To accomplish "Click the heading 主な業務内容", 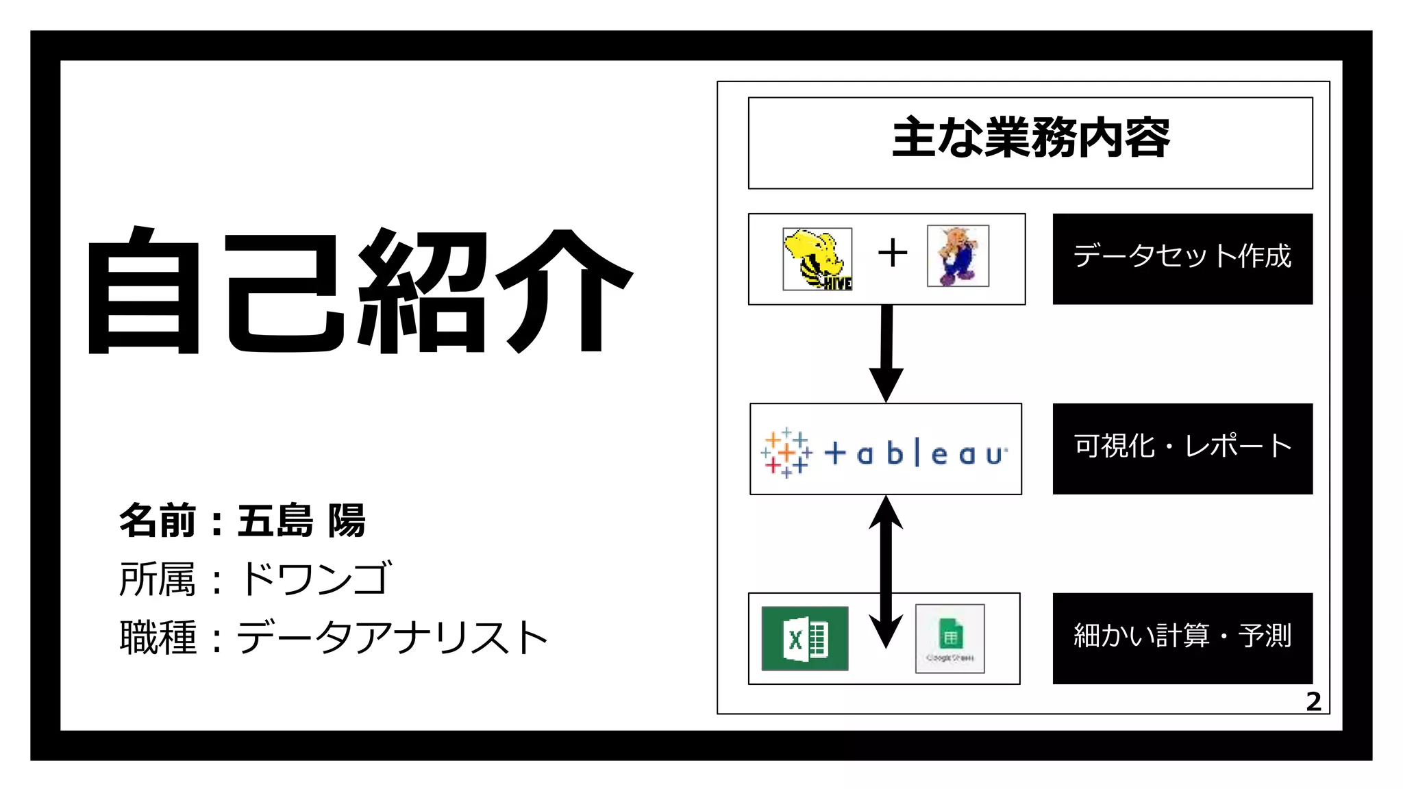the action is point(1030,138).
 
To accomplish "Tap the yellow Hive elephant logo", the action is point(817,259).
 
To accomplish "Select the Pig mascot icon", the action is point(958,255).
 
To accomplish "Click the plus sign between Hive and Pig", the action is point(893,253).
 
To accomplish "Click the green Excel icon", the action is point(805,638).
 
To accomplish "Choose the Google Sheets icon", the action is point(949,638).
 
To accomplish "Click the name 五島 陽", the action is point(301,521).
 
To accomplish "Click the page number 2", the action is point(1313,701).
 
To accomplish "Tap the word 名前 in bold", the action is point(158,521).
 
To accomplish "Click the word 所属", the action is point(158,579).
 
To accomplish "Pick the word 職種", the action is point(158,638).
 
